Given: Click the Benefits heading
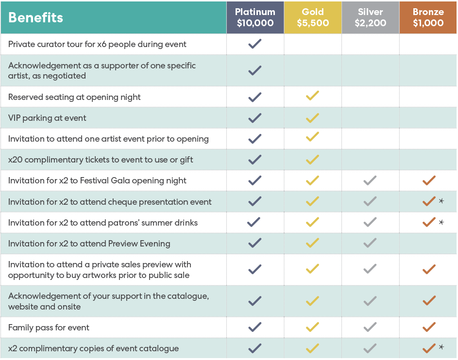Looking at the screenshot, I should pyautogui.click(x=36, y=18).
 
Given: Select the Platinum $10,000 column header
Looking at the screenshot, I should pyautogui.click(x=255, y=17).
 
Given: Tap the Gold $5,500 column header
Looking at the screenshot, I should pyautogui.click(x=312, y=17).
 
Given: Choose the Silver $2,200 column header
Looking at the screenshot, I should pyautogui.click(x=370, y=17).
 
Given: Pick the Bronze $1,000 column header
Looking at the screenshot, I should pyautogui.click(x=428, y=17).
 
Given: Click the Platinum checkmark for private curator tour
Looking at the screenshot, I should pyautogui.click(x=255, y=44).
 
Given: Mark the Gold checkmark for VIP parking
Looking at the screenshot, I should pyautogui.click(x=312, y=118).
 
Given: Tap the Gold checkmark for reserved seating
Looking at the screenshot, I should pyautogui.click(x=312, y=97).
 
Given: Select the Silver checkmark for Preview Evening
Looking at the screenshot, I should pyautogui.click(x=370, y=243).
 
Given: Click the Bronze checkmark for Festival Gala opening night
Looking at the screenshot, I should pyautogui.click(x=429, y=180).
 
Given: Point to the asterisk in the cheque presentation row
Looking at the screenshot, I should pyautogui.click(x=441, y=201).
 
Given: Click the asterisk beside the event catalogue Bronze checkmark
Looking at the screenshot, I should pyautogui.click(x=441, y=347).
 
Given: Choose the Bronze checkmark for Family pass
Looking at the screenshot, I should pyautogui.click(x=429, y=327).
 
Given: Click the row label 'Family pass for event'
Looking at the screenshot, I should pyautogui.click(x=49, y=327).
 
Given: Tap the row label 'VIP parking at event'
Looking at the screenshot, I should pyautogui.click(x=47, y=118).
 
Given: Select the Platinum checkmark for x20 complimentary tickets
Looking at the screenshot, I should pyautogui.click(x=255, y=160).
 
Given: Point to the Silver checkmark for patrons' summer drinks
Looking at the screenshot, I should pyautogui.click(x=370, y=222).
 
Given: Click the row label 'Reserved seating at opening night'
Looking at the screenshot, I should pyautogui.click(x=74, y=97).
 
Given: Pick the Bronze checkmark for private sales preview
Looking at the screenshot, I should pyautogui.click(x=429, y=269).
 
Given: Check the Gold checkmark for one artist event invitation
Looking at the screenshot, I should pyautogui.click(x=312, y=139).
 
